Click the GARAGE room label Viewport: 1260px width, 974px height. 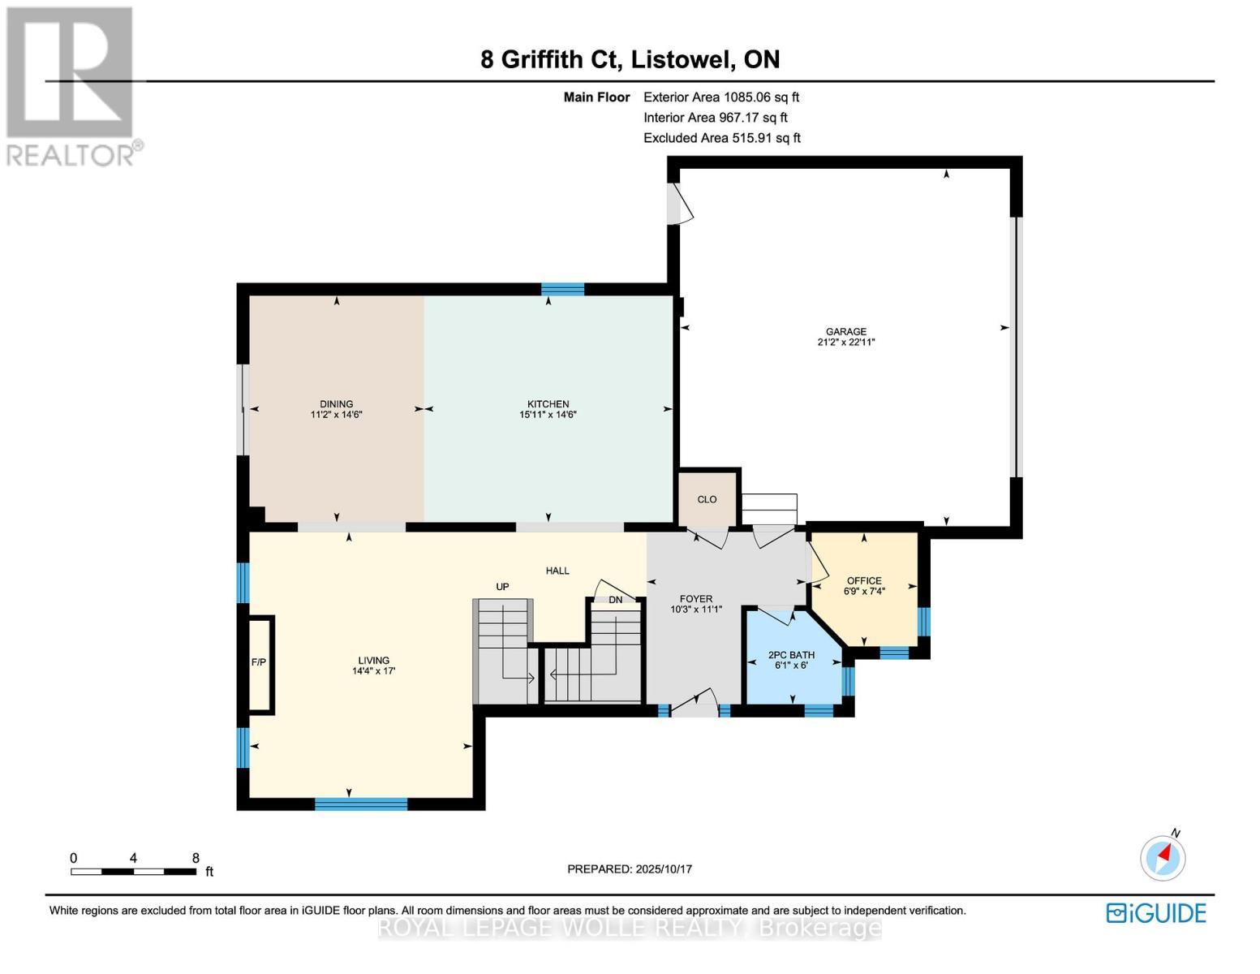click(845, 331)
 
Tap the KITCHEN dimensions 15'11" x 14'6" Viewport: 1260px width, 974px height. click(548, 415)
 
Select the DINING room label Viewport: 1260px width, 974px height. click(336, 403)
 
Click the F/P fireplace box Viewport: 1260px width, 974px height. click(260, 663)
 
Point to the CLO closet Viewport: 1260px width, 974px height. click(707, 499)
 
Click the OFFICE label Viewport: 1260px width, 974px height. click(863, 580)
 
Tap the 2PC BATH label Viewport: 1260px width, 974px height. click(791, 655)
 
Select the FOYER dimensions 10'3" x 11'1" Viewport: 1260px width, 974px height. click(695, 610)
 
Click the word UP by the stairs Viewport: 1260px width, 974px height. click(502, 586)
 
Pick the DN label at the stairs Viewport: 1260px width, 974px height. click(615, 600)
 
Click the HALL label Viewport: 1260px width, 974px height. click(557, 571)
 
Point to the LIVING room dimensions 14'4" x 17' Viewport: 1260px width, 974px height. click(373, 671)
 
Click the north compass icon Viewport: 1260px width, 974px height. click(1163, 856)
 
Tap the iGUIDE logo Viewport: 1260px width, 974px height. click(1155, 913)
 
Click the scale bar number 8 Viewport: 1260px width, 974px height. click(196, 858)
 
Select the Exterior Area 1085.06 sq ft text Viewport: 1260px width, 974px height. click(720, 97)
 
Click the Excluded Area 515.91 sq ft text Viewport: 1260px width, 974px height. click(721, 138)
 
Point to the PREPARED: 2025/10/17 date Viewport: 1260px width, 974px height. click(629, 869)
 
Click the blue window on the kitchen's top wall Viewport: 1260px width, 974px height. click(562, 289)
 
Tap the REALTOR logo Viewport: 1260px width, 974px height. click(71, 85)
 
